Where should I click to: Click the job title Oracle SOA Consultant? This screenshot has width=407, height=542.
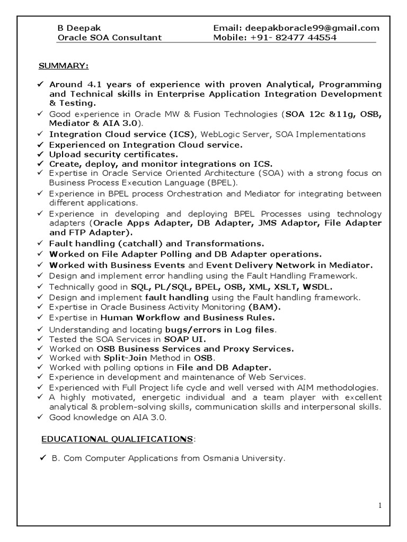click(109, 38)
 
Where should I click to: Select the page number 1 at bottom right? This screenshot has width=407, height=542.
click(380, 505)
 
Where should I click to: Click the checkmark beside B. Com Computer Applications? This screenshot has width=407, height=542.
click(43, 458)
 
